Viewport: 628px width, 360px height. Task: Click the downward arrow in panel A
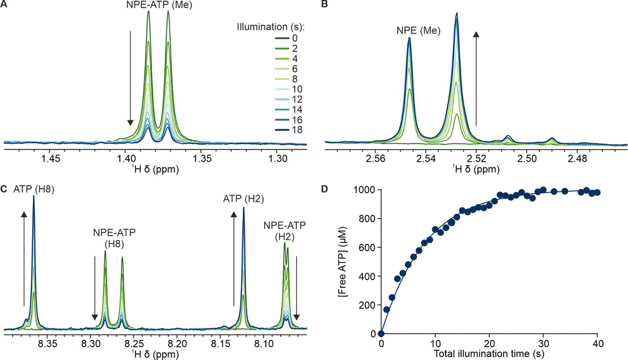click(x=130, y=77)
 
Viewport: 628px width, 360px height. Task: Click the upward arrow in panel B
click(x=477, y=77)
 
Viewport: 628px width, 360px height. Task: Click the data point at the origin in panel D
click(x=381, y=334)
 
